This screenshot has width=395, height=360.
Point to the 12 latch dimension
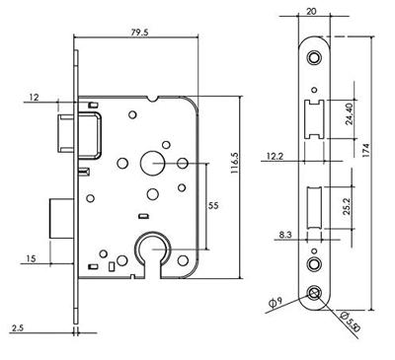(x=36, y=97)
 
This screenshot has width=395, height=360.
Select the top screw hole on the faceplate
(x=313, y=58)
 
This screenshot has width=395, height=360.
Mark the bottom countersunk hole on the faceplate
(x=313, y=293)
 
